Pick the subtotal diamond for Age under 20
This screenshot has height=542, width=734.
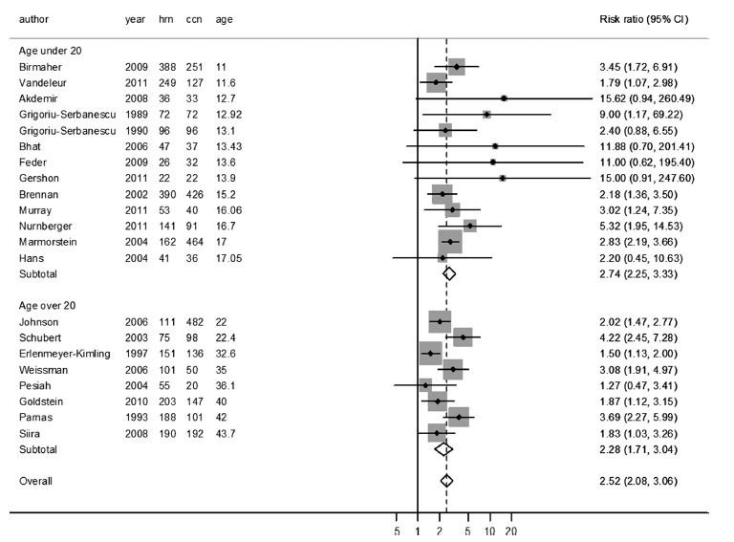pyautogui.click(x=449, y=272)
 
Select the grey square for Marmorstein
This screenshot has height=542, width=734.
pyautogui.click(x=449, y=241)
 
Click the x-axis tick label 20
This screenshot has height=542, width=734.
pyautogui.click(x=511, y=532)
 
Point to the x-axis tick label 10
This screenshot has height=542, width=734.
pyautogui.click(x=490, y=532)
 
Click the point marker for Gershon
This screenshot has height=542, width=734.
pyautogui.click(x=502, y=178)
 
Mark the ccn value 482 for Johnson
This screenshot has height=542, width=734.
pyautogui.click(x=195, y=322)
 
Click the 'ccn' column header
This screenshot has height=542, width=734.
pyautogui.click(x=194, y=19)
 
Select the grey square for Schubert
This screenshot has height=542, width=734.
pyautogui.click(x=463, y=337)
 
